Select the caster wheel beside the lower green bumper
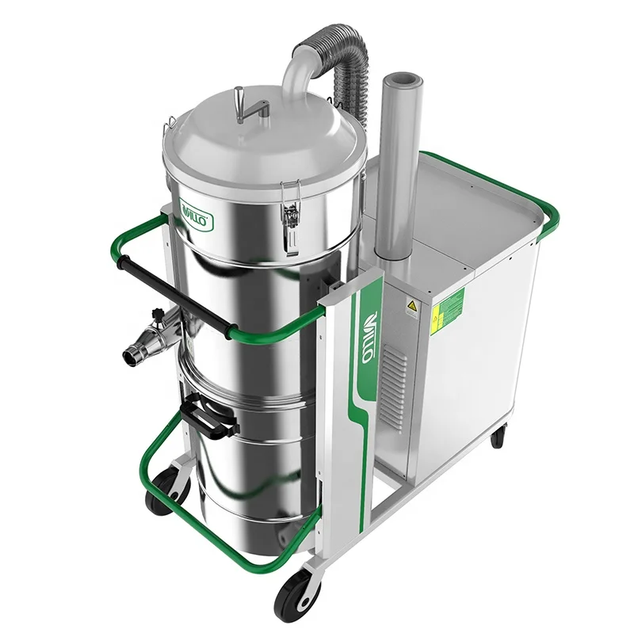[162, 491]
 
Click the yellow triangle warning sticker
[412, 307]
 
